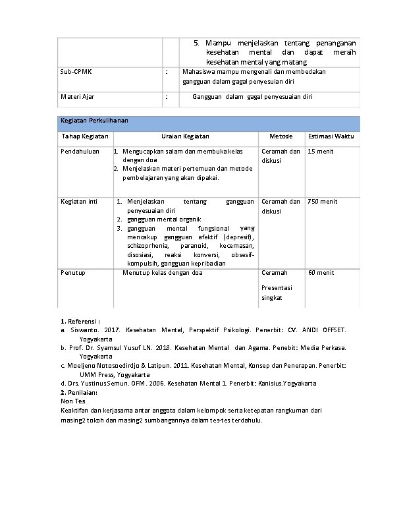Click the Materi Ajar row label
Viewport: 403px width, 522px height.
point(77,97)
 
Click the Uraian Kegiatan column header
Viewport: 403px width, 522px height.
point(185,136)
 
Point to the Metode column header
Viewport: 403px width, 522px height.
point(281,136)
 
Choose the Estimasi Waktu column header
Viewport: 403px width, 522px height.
point(331,136)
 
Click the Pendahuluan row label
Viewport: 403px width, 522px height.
point(80,152)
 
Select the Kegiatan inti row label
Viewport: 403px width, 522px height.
point(78,202)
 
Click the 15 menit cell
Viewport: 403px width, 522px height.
point(321,152)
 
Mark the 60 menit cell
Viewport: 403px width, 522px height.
point(321,273)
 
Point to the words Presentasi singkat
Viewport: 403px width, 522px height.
point(276,293)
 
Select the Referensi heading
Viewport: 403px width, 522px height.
point(80,321)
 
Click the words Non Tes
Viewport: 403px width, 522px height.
point(72,401)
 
